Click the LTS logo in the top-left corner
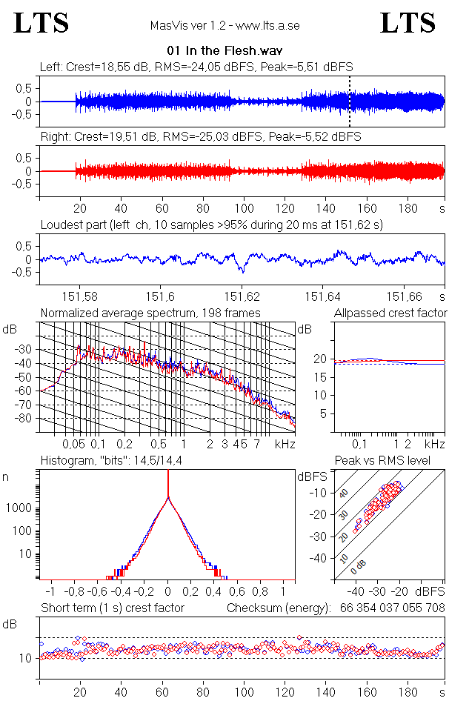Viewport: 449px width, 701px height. point(41,23)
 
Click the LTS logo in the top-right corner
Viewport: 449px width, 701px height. point(408,23)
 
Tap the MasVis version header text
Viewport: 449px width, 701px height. point(224,25)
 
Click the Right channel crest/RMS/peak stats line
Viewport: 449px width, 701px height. point(200,136)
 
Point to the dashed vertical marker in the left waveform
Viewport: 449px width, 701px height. point(350,101)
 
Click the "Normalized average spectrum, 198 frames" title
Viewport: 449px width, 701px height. point(150,313)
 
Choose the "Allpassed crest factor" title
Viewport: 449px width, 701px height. point(390,313)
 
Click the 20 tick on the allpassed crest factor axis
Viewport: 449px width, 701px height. point(321,359)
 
